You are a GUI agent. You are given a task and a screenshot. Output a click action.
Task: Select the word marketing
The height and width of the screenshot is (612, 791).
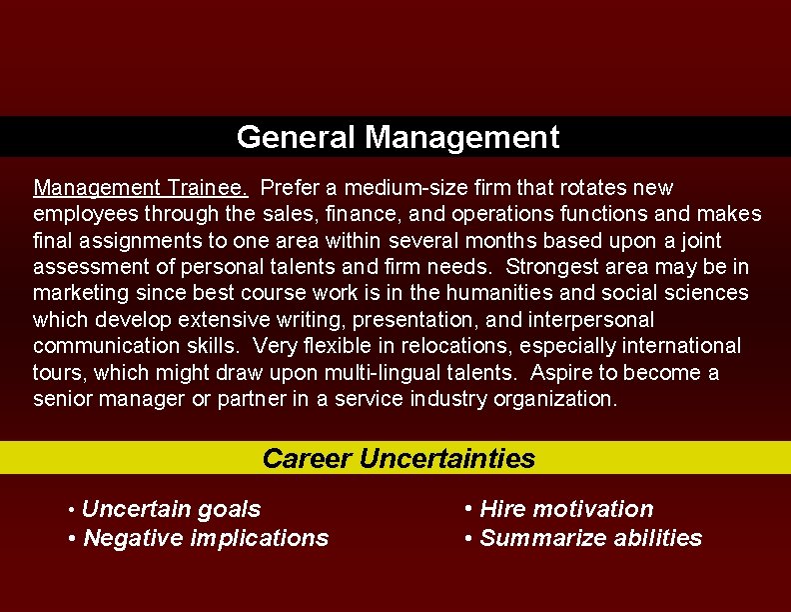pos(76,293)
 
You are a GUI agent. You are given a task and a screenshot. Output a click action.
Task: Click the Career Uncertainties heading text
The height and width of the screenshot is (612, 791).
pos(398,459)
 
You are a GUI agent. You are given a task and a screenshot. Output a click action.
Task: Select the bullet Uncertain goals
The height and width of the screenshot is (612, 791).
pos(171,509)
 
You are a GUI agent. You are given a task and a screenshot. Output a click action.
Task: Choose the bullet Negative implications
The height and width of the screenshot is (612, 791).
pos(206,538)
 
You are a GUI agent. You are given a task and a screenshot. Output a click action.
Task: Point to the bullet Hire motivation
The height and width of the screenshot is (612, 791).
pos(566,509)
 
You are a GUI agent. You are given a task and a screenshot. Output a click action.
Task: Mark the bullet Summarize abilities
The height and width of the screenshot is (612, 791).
pos(590,538)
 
